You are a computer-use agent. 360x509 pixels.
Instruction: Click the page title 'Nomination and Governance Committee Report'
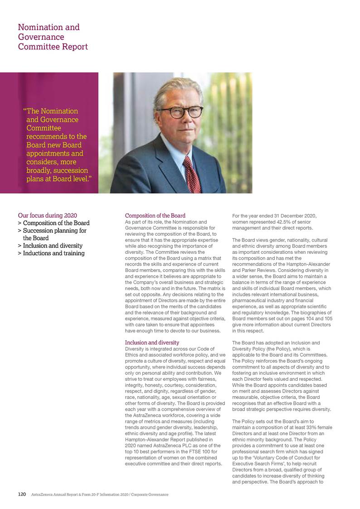coord(53,37)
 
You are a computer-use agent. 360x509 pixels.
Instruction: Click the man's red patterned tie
coord(192,175)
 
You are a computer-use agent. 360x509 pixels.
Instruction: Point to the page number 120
coord(22,494)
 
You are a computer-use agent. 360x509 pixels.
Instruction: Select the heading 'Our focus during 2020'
coord(48,215)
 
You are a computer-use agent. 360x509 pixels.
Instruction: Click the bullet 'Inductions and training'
coord(54,253)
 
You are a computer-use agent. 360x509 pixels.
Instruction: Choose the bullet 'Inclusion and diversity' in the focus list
coord(53,246)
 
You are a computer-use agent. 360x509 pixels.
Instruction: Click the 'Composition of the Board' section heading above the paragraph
coord(155,215)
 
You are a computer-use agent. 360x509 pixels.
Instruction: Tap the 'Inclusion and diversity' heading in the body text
coord(152,342)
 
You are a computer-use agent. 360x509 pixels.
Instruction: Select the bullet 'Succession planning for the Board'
coord(54,234)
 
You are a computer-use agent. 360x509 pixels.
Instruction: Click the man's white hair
coord(181,89)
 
